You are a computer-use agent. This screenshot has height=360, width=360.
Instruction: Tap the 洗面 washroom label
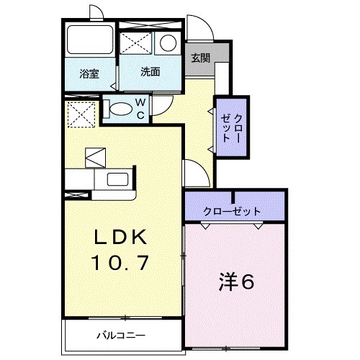coord(150,72)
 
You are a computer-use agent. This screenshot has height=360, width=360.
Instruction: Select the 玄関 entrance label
coord(201,58)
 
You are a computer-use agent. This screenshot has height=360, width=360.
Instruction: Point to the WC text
coord(141,109)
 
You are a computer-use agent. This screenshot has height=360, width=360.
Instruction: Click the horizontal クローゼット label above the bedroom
coord(233,210)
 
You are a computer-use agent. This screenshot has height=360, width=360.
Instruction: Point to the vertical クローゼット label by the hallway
coord(228,127)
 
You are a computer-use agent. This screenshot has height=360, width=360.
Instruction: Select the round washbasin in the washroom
coord(167,42)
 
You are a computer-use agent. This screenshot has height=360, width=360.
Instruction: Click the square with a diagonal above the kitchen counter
coord(95,156)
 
